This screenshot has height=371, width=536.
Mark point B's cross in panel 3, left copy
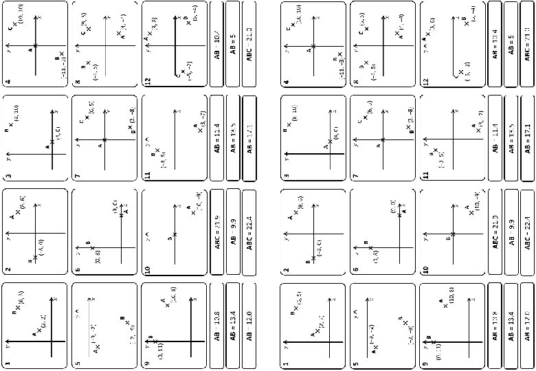(14, 131)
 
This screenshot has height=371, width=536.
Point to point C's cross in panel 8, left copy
(89, 30)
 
